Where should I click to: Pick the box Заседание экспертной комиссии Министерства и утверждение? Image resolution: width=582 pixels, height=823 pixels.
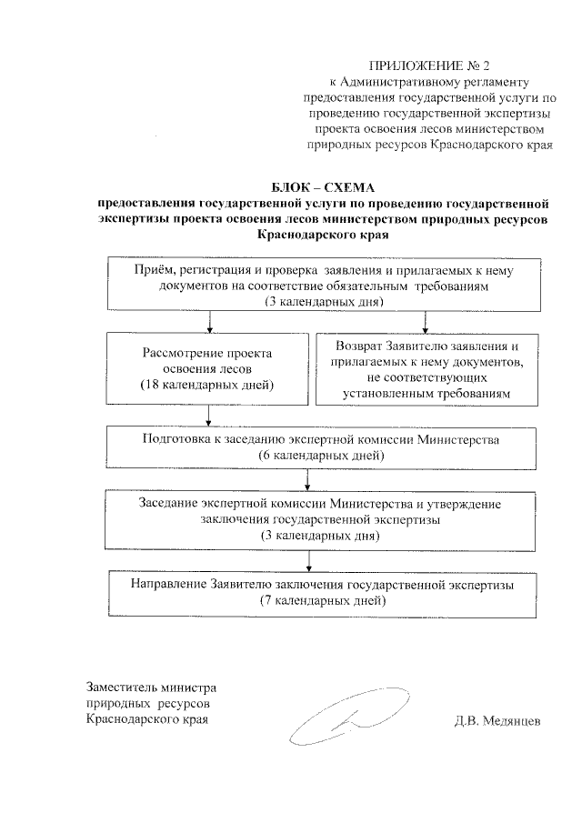pyautogui.click(x=320, y=518)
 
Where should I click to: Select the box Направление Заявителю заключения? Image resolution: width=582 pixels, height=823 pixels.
pyautogui.click(x=322, y=592)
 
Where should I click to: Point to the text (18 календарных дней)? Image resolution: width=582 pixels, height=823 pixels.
pyautogui.click(x=207, y=386)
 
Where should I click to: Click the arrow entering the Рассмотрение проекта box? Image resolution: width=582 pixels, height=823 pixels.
pyautogui.click(x=210, y=324)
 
